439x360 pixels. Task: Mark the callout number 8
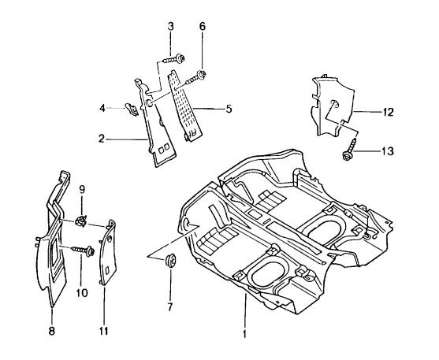coord(53,332)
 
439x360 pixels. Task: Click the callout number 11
coord(104,332)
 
